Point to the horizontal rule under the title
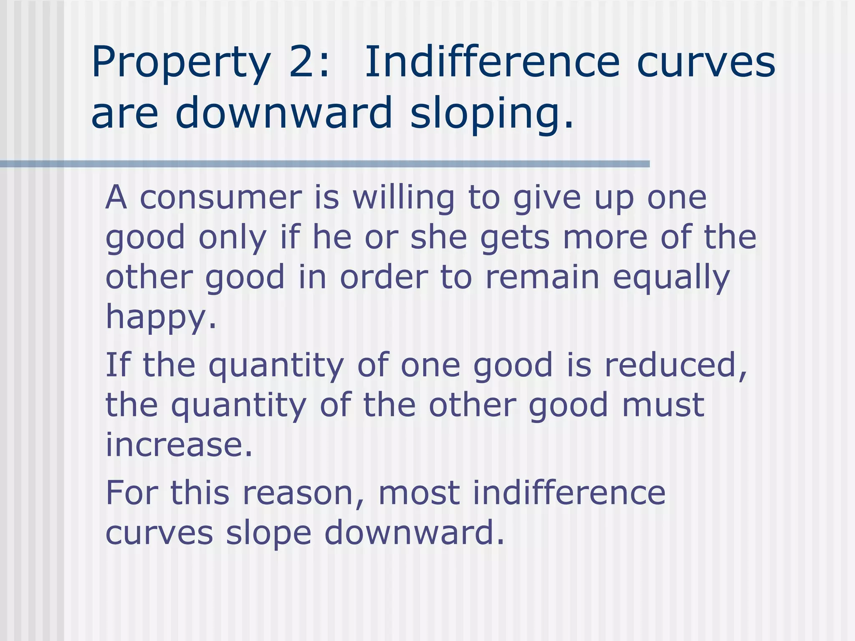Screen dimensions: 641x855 coord(325,164)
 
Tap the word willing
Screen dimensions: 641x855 coord(403,198)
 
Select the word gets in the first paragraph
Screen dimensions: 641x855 coord(515,238)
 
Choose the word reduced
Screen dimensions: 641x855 coord(675,365)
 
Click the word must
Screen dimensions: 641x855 coord(663,405)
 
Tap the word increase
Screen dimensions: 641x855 coord(179,445)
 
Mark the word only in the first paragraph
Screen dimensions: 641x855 coord(232,238)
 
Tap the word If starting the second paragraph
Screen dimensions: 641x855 coord(118,365)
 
